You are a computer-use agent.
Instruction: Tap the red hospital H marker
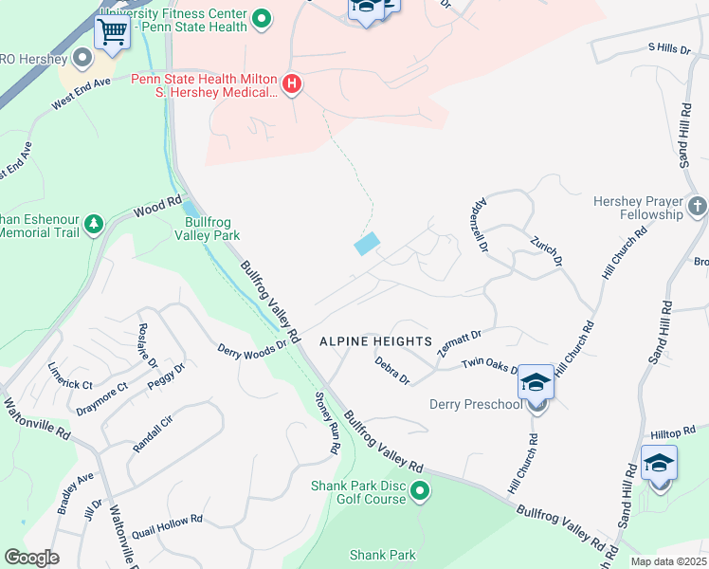292,85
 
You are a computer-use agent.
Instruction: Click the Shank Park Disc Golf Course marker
420,491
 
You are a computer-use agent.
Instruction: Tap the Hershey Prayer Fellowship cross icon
697,207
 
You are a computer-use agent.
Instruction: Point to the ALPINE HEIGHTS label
375,340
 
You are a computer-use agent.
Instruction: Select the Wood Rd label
157,205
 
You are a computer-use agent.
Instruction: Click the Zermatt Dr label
461,342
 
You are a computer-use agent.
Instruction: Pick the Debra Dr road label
391,371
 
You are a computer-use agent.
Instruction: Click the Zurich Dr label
547,251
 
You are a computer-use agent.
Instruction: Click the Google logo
31,558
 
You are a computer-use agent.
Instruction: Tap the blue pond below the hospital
367,244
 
